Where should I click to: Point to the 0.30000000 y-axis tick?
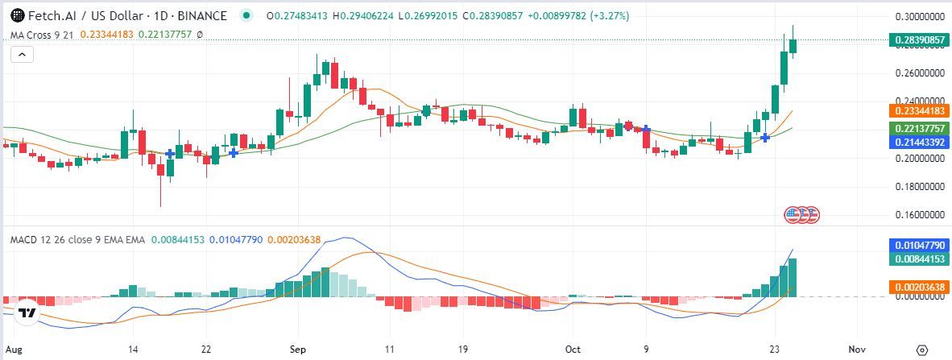tap(920, 16)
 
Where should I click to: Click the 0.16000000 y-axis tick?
tap(920, 215)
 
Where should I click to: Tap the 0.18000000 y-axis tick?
tap(920, 187)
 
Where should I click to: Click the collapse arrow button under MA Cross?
tap(22, 54)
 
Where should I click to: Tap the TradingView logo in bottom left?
tap(27, 312)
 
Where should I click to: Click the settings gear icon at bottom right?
tap(922, 350)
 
